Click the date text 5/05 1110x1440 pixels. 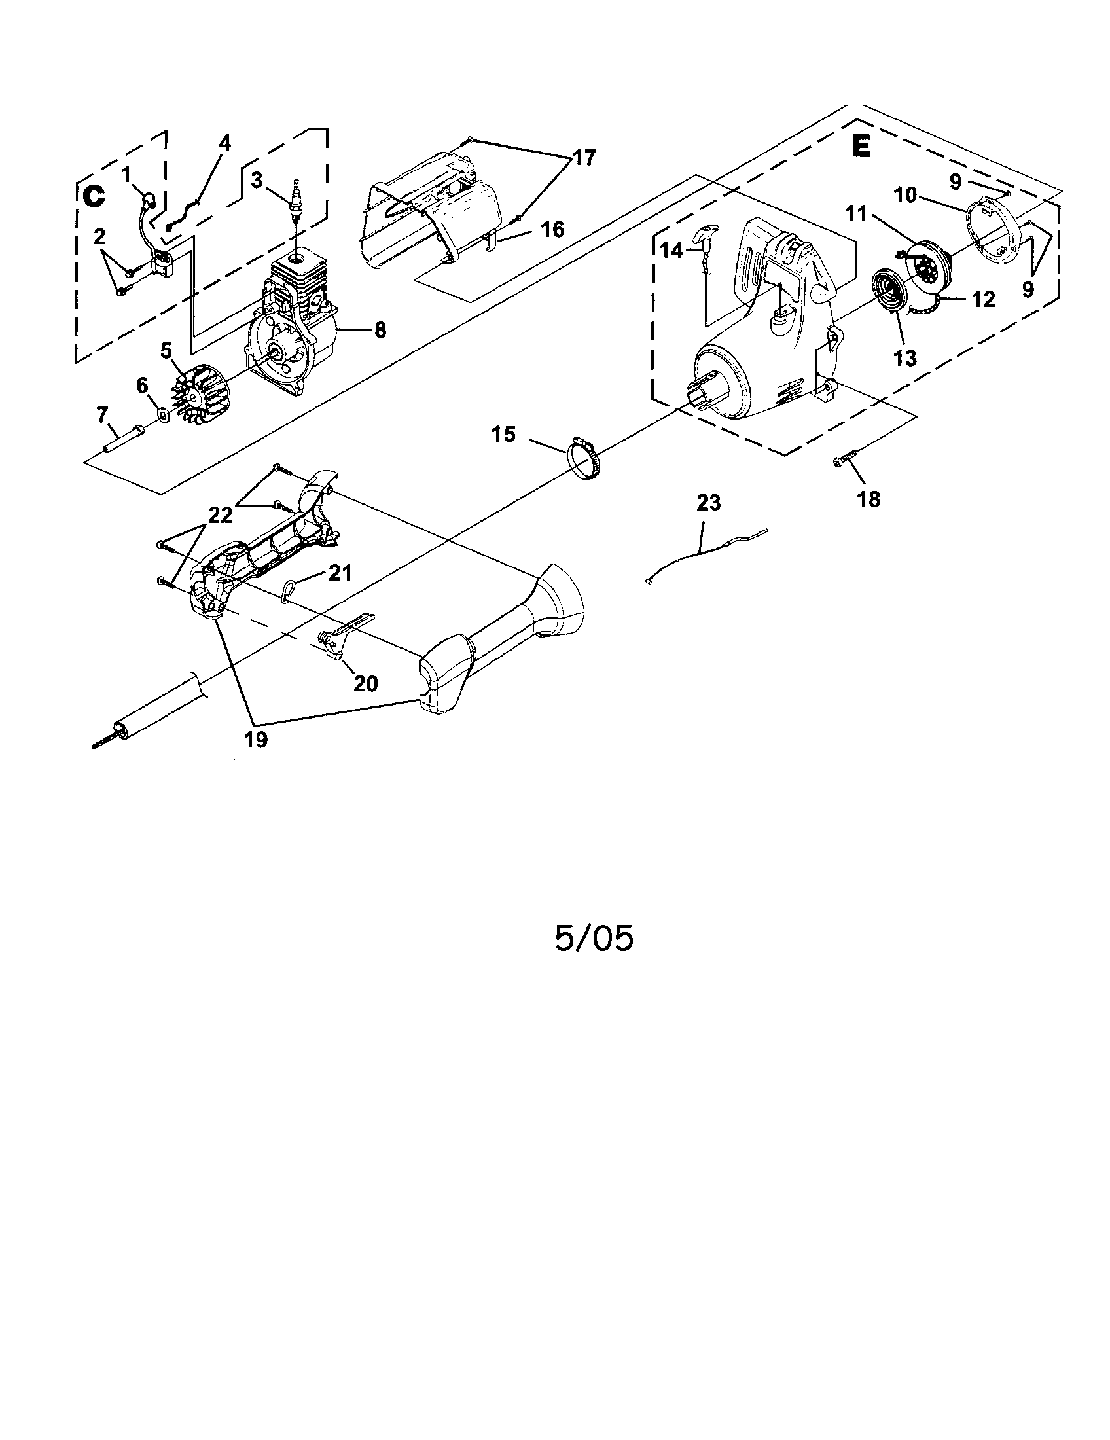pyautogui.click(x=593, y=938)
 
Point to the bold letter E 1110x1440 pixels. pyautogui.click(x=860, y=147)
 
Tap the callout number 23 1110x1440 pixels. pyautogui.click(x=709, y=503)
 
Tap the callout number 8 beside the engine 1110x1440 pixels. pyautogui.click(x=380, y=330)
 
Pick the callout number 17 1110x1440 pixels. pyautogui.click(x=584, y=158)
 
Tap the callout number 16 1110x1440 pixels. pyautogui.click(x=552, y=230)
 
